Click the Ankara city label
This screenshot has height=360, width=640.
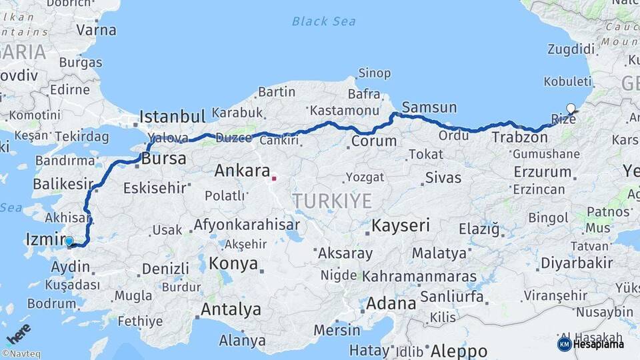tap(242, 171)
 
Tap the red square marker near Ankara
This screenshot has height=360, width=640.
tap(273, 179)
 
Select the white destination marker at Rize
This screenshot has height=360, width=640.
tap(570, 109)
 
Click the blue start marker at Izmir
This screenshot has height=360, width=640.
tap(69, 241)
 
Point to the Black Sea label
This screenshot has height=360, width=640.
tap(323, 21)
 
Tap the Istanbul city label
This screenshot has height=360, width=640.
tap(173, 117)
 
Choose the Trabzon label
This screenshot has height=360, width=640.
tap(520, 137)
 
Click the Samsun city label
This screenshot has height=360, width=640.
tap(429, 107)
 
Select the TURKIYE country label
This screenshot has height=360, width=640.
tap(331, 201)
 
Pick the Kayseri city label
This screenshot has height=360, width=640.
tap(401, 225)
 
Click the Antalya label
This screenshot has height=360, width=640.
tap(231, 309)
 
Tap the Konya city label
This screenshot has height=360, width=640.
tap(233, 263)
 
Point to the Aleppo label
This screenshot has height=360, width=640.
tap(459, 351)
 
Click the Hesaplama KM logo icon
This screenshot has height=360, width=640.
tap(564, 344)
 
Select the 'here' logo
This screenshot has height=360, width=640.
tap(18, 334)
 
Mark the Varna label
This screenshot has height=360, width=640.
tap(96, 30)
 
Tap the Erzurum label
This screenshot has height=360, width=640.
tap(542, 172)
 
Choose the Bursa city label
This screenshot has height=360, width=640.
tap(163, 160)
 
